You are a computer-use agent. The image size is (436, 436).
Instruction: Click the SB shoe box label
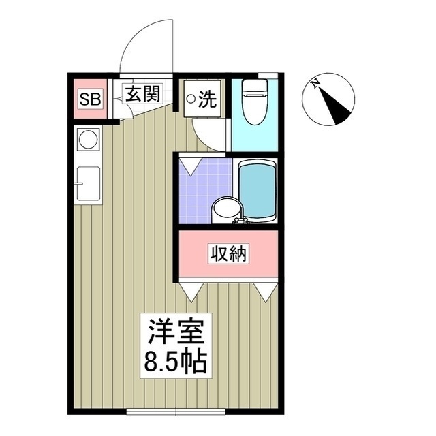[90, 99]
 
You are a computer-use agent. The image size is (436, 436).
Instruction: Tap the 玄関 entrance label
[142, 93]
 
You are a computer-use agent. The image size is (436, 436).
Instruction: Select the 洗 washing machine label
[207, 100]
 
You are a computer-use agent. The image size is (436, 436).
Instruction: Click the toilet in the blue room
[254, 102]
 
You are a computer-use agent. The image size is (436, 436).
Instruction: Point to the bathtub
[257, 191]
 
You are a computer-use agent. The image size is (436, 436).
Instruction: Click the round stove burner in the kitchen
[88, 140]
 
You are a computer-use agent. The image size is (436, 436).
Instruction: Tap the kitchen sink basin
[89, 184]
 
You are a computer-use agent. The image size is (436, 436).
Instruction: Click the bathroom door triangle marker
[190, 165]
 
